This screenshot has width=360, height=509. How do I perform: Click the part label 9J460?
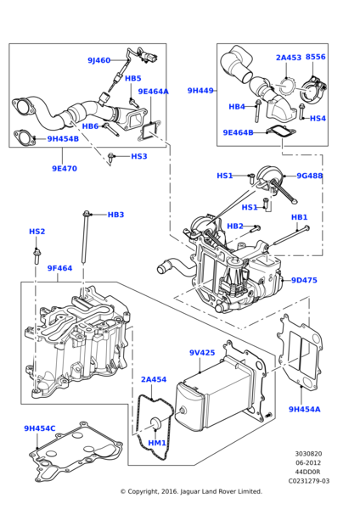pos(98,60)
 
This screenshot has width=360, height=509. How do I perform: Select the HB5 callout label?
pos(133,78)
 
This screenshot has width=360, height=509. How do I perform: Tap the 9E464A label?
pos(153,92)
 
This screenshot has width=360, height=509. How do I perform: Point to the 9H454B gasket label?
pos(63,138)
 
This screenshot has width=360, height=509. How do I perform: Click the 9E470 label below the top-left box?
pos(64,168)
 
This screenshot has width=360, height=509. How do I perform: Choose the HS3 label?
pos(138,156)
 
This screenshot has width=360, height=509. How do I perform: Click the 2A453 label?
pos(289,58)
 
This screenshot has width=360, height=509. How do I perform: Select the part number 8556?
pos(316,58)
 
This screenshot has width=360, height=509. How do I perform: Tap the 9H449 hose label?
pos(201,90)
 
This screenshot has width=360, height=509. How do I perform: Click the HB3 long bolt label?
pos(115,215)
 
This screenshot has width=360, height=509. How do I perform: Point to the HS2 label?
pos(37,231)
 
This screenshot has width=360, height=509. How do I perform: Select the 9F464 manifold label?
pos(59,268)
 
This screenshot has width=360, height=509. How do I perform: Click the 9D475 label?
pos(304,280)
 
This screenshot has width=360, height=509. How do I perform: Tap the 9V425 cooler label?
pos(202,352)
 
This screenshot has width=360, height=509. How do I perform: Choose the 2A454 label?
pos(154,379)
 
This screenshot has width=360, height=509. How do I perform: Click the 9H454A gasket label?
pos(304,409)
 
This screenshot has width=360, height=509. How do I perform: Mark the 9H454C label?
pos(40,428)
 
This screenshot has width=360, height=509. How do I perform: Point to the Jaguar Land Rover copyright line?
pos(190,491)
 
